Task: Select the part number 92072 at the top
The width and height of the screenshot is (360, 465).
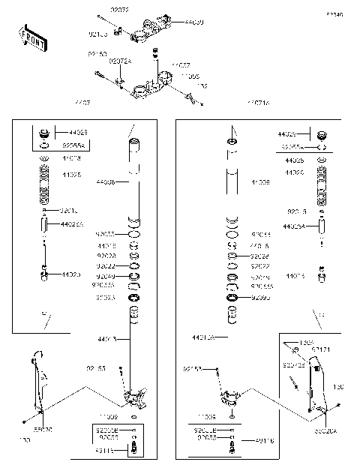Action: point(119,9)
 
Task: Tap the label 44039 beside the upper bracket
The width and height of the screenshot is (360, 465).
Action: point(193,22)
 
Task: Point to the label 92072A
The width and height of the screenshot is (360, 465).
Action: point(121,61)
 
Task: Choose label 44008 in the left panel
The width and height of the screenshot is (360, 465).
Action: point(106,182)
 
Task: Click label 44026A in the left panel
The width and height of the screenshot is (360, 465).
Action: point(72,224)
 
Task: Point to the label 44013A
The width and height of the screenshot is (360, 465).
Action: point(202,338)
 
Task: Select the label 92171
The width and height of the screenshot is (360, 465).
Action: point(320,349)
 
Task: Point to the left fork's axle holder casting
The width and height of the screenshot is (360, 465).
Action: point(135,394)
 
